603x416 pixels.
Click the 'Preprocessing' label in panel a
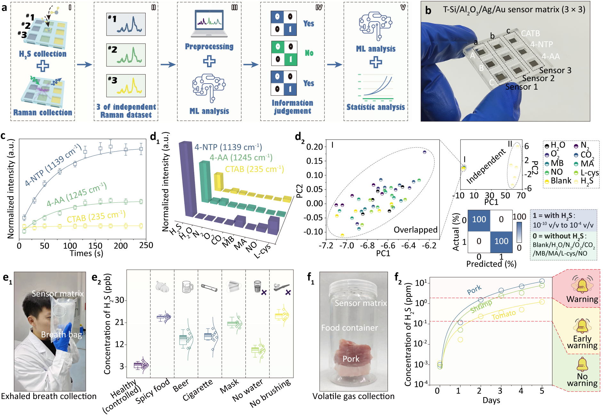[209, 47]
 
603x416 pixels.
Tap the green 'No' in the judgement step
[309, 53]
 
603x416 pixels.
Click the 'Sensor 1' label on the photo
[521, 87]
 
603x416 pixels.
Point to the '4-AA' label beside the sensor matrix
[551, 57]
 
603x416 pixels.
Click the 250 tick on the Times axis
[146, 246]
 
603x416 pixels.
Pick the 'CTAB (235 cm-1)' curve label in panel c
[96, 216]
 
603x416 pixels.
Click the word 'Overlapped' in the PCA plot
[415, 230]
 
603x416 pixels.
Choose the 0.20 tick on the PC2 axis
[314, 147]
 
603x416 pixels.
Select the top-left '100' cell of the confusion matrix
[479, 220]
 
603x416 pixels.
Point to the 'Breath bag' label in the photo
[61, 335]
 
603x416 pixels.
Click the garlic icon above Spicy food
[162, 286]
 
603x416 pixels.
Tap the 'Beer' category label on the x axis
[181, 386]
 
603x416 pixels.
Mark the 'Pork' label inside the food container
[351, 359]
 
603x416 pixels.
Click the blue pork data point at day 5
[542, 281]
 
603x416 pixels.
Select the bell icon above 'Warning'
[582, 284]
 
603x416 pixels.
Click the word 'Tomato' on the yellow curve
[504, 315]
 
